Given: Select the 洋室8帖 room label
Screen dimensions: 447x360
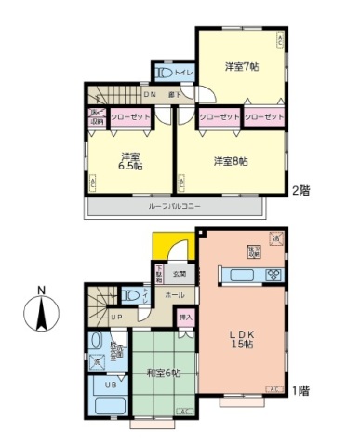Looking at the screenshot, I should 231,161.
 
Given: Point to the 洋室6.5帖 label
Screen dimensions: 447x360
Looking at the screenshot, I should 129,159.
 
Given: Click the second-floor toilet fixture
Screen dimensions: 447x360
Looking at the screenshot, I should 165,73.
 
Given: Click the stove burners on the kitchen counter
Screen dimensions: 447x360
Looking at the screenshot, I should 273,274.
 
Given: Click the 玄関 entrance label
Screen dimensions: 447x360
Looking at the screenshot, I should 180,274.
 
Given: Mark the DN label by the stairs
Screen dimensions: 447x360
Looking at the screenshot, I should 149,94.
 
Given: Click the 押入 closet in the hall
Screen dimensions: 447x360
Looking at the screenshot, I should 186,318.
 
